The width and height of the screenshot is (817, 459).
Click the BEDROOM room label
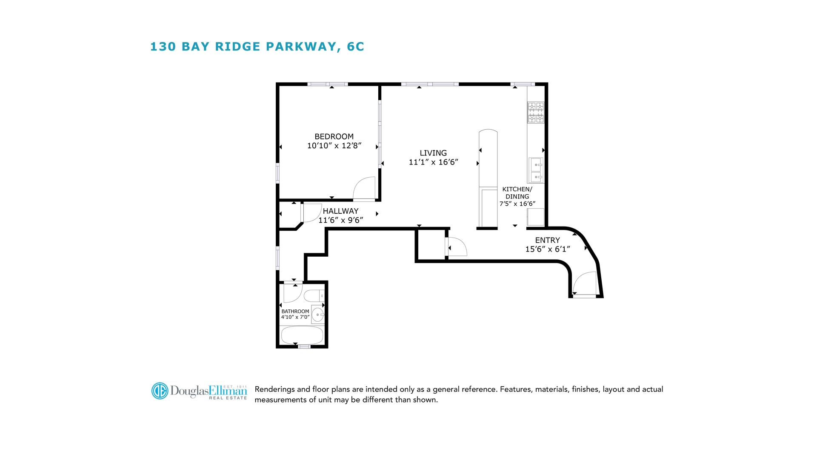point(334,136)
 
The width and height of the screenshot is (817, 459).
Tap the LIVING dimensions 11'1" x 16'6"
point(433,162)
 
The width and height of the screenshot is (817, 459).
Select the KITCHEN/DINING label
point(517,193)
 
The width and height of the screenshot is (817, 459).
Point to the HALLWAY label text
point(340,211)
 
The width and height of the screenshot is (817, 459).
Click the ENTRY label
point(547,240)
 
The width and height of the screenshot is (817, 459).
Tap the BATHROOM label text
point(295,312)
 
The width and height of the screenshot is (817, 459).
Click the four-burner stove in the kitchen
point(536,112)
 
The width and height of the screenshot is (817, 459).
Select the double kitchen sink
point(536,170)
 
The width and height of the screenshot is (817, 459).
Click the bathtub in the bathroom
point(302,335)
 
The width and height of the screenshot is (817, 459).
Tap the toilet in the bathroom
point(314,296)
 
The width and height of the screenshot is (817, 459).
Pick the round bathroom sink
point(317,315)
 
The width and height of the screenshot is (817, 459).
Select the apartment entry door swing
point(585,283)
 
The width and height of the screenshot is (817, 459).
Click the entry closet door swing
point(457,246)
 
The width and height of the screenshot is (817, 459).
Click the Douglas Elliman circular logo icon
point(160,391)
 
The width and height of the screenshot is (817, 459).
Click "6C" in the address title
point(355,47)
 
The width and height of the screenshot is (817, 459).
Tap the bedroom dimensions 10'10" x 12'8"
point(334,146)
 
